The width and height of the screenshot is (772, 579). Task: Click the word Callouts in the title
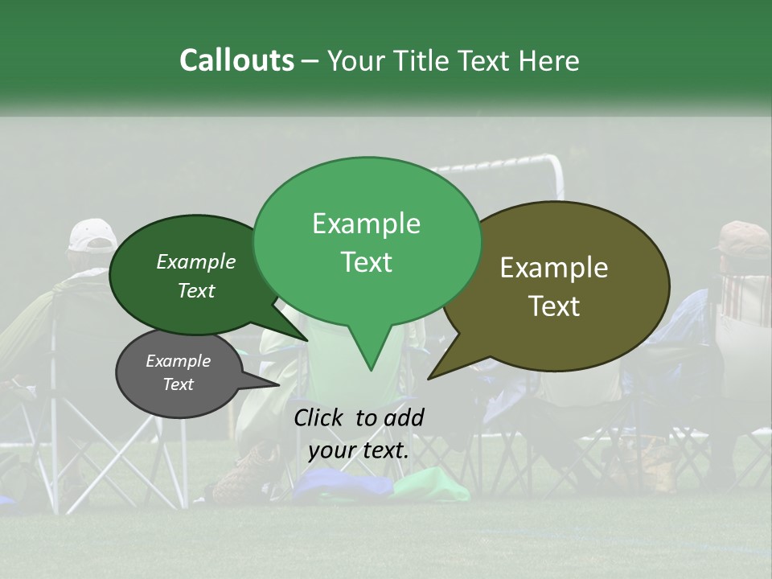point(236,60)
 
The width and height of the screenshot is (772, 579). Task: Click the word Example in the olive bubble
point(554,268)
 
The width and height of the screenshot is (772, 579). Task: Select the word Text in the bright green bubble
point(367,262)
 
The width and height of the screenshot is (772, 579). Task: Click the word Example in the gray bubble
point(178,361)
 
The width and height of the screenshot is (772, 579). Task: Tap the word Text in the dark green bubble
point(196,291)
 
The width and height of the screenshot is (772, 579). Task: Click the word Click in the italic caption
point(320,417)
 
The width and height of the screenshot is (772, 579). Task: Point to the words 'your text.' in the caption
point(359,450)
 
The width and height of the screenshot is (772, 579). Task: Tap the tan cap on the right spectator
point(744,235)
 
